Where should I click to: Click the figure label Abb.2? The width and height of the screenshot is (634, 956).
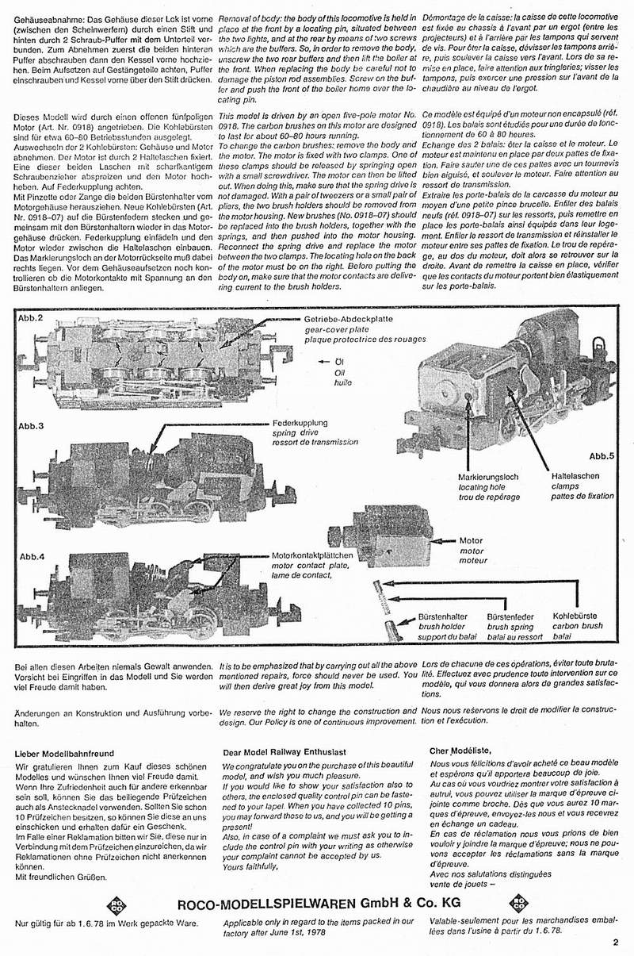(x=30, y=318)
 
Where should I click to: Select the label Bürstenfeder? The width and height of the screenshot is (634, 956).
(x=510, y=616)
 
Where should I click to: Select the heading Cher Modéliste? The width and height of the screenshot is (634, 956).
(x=460, y=750)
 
